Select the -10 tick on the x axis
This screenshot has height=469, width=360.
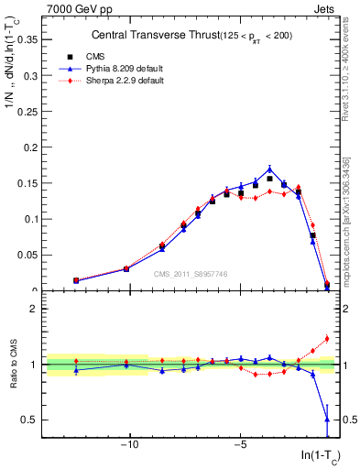130,445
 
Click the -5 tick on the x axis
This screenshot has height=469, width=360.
240,445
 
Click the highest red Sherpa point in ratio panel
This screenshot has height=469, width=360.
327,338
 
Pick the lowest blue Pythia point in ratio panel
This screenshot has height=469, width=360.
327,420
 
